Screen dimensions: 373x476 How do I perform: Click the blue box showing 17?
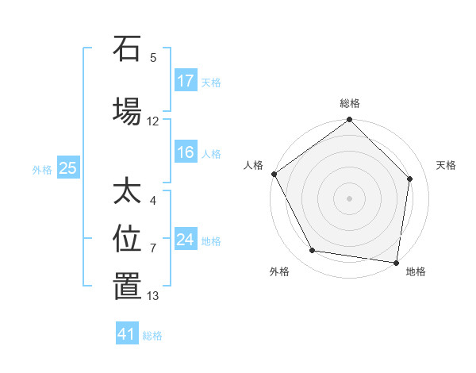point(186,81)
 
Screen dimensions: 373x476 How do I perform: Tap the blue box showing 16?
point(186,153)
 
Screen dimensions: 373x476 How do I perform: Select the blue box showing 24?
point(186,240)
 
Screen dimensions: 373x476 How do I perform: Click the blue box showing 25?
point(68,168)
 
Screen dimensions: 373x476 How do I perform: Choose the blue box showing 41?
point(127,335)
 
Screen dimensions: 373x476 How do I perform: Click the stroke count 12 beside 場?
point(153,121)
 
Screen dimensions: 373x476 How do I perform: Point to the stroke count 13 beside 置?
point(153,296)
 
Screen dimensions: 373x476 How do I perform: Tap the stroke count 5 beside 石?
point(153,57)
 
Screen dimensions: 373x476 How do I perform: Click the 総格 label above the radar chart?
point(350,103)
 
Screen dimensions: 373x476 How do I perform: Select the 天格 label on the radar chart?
point(446,165)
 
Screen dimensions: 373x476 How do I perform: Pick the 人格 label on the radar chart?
point(254,165)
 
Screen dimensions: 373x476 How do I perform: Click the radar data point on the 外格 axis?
point(313,251)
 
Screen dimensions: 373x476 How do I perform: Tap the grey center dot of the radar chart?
point(350,198)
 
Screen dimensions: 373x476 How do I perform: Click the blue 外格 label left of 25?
point(42,169)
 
